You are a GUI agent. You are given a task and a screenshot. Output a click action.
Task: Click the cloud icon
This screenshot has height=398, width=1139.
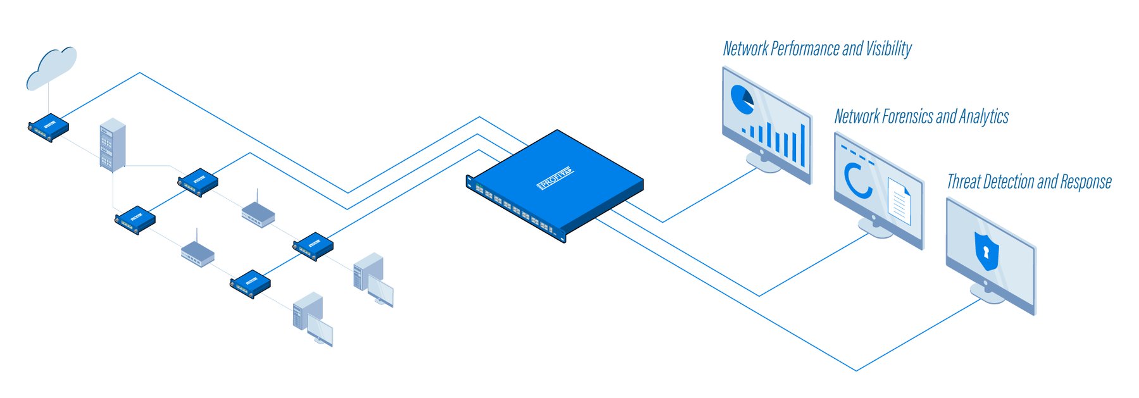click(x=52, y=68)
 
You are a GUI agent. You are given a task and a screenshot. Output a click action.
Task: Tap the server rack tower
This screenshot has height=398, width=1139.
click(x=112, y=144)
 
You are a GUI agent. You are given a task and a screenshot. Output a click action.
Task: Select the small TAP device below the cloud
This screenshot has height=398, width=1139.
click(x=49, y=127)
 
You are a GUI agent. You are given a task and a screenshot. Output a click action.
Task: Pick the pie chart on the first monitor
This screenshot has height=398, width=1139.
click(x=742, y=99)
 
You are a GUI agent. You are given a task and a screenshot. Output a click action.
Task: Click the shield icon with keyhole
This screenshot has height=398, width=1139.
click(x=986, y=251)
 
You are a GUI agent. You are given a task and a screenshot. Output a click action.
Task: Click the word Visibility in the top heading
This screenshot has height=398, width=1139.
click(x=888, y=49)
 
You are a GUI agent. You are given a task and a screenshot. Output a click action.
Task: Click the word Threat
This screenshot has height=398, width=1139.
click(x=964, y=182)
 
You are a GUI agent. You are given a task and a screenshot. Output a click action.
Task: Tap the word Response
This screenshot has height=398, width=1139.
click(x=1086, y=182)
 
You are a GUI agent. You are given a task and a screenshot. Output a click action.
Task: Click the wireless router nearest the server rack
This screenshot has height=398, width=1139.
click(x=258, y=213)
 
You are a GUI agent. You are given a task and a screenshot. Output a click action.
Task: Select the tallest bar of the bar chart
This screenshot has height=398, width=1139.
click(x=802, y=144)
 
